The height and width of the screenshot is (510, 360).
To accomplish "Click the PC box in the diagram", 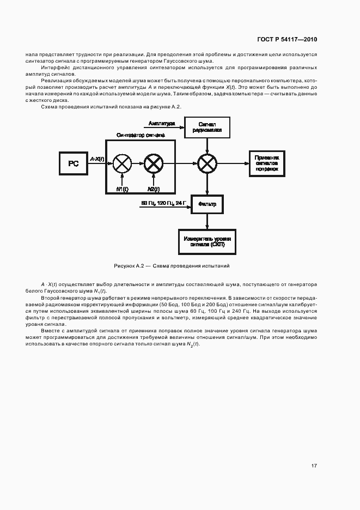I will (74, 162).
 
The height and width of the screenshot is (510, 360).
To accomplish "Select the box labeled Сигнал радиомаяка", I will (208, 127).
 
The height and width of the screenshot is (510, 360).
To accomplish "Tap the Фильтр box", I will (207, 204).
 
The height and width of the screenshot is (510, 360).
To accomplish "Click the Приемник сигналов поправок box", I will (266, 162).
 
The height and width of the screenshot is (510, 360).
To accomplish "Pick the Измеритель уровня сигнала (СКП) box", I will (207, 241).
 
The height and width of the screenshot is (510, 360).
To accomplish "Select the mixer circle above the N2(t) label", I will (153, 162).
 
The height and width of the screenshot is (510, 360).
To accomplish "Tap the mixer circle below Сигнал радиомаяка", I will (207, 162).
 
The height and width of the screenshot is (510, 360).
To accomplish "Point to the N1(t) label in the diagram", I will (123, 189).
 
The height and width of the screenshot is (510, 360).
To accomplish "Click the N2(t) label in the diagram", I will (153, 189).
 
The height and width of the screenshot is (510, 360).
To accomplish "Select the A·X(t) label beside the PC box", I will (96, 158).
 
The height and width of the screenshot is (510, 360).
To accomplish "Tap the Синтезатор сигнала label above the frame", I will (141, 135).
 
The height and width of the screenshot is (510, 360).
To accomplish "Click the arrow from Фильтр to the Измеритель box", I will (207, 221).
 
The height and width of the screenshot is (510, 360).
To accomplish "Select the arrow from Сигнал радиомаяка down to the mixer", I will (207, 145).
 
